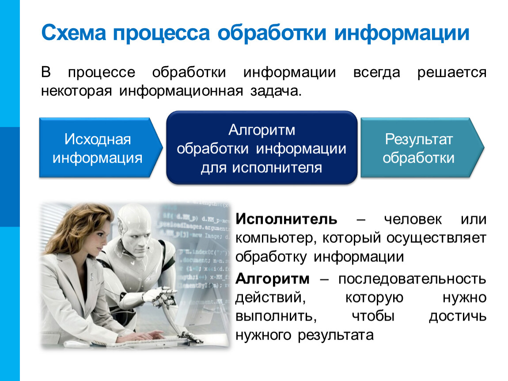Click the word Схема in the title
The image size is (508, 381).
click(x=74, y=33)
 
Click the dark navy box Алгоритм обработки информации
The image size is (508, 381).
click(x=262, y=148)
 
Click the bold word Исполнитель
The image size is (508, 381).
click(x=286, y=219)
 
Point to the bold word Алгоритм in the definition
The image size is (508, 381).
click(x=273, y=279)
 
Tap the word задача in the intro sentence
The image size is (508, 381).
click(x=276, y=91)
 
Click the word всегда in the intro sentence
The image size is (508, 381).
click(x=376, y=72)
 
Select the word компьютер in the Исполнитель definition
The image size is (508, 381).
click(x=274, y=239)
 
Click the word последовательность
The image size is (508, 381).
click(x=412, y=279)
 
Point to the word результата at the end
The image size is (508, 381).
click(x=336, y=336)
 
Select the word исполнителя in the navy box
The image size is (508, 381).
click(x=277, y=168)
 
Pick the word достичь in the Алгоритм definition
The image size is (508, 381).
click(x=458, y=316)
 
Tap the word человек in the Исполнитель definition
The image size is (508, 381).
click(x=413, y=219)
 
